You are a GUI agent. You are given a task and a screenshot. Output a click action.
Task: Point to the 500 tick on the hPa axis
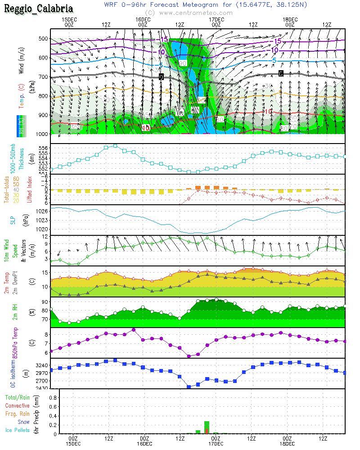click(x=43, y=39)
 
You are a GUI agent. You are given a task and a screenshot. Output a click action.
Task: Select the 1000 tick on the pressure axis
click(x=42, y=134)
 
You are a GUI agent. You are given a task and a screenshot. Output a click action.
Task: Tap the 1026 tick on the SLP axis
click(x=42, y=211)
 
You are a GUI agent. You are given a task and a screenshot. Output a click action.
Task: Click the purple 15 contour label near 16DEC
click(x=164, y=40)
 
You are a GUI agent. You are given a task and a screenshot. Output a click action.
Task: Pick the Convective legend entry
click(x=17, y=406)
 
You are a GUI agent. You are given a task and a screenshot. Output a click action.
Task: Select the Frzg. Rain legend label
click(x=17, y=414)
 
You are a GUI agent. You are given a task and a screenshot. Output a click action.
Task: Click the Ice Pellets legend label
click(x=17, y=430)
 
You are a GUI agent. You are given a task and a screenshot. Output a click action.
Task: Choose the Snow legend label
click(x=23, y=422)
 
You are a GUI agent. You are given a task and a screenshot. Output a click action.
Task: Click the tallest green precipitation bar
click(x=207, y=427)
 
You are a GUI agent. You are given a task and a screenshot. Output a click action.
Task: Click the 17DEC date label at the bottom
click(x=216, y=443)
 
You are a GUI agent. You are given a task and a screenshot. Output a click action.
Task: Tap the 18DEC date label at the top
click(x=289, y=20)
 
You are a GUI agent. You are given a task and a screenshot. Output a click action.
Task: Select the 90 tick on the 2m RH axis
click(x=44, y=302)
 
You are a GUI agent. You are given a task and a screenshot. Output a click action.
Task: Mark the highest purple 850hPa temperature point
click(x=134, y=330)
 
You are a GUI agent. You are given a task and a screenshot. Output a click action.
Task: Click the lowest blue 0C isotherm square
click(x=189, y=387)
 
